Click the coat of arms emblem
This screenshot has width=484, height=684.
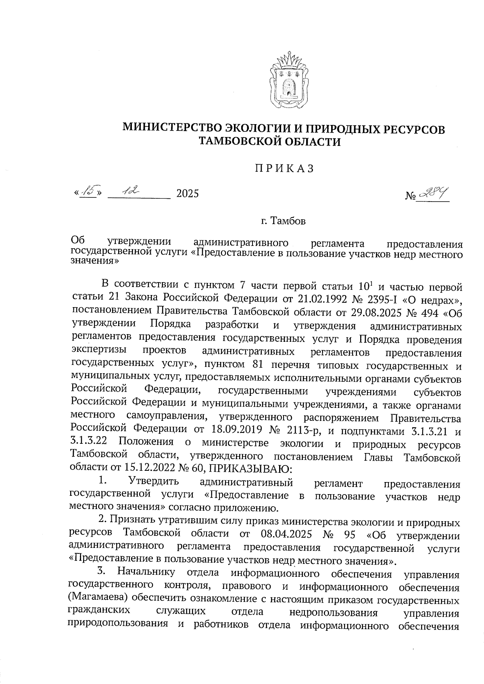[x=289, y=81]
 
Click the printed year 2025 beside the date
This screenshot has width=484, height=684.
[x=188, y=194]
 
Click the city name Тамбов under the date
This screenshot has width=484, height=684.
[x=288, y=221]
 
